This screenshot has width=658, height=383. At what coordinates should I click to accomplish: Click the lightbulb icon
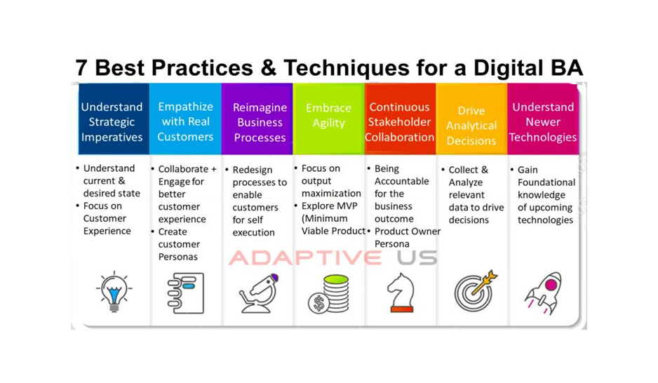coord(114,292)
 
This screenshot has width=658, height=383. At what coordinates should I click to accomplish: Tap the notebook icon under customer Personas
coord(186,293)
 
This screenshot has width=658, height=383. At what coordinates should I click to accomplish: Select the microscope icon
coord(259,293)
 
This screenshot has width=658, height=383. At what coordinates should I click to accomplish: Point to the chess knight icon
coord(401,293)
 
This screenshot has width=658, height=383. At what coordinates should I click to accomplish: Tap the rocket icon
coord(544,293)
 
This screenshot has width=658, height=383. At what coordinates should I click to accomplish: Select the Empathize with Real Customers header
coord(185,119)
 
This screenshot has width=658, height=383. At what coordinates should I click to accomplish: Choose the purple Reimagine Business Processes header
coord(257,119)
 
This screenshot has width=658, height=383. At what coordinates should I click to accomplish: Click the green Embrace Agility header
coord(328,119)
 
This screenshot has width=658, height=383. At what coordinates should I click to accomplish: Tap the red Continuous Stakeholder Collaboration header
coord(400,119)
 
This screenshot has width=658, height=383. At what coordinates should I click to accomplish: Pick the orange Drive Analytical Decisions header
coord(471,119)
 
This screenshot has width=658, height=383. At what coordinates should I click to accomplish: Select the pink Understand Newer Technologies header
coord(543,119)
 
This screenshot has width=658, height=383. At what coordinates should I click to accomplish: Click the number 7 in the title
coord(81,67)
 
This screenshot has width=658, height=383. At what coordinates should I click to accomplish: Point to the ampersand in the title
coord(268,67)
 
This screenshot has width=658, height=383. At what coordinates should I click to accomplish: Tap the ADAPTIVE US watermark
coord(333,257)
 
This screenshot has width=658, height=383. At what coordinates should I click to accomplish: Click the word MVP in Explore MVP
coord(347,206)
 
